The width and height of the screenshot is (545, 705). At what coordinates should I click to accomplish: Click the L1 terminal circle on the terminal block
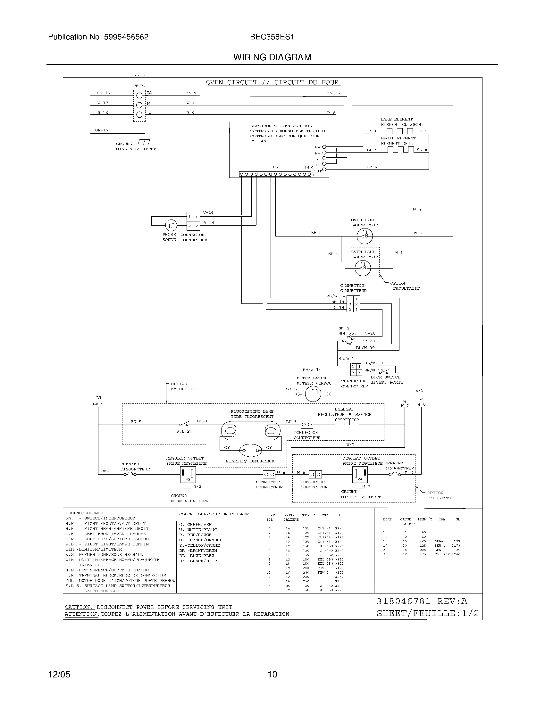coord(139,95)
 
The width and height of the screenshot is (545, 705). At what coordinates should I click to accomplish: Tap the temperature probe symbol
coord(171,226)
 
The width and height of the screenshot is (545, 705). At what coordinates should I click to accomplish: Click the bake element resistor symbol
coord(400,131)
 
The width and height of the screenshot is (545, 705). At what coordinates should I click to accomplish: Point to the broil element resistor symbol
coord(400,149)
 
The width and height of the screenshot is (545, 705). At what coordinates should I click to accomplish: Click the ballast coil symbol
coord(347,422)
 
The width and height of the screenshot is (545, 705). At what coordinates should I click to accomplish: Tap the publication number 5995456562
coord(126,37)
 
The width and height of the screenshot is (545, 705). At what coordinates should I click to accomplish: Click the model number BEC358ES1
coord(272,37)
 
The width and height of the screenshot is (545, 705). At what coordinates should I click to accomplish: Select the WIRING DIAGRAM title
coord(272,57)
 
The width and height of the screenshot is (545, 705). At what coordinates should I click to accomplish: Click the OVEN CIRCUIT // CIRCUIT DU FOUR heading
coord(272,83)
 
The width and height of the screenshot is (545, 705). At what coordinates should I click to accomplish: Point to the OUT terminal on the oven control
coord(324,170)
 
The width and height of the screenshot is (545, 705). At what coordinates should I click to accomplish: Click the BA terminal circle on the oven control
coord(324,147)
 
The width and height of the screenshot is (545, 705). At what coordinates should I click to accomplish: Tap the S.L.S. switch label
coord(184,431)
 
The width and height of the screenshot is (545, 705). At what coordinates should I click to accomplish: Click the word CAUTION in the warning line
coord(79,607)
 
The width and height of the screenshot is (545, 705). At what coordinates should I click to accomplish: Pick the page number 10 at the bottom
coord(272,674)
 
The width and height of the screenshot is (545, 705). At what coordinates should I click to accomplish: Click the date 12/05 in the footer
coord(59,674)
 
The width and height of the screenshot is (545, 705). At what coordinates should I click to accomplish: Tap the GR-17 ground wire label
coord(102,130)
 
